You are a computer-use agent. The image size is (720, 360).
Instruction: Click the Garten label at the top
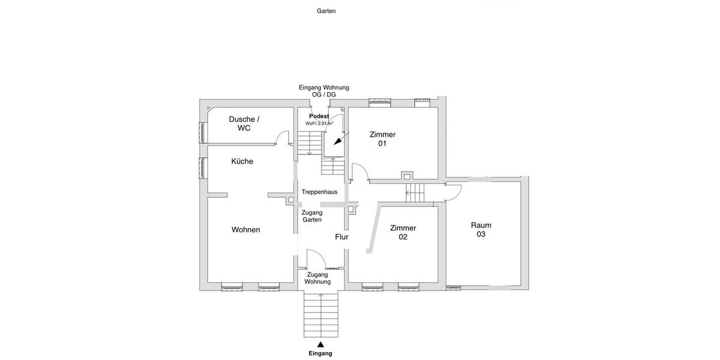[326, 11]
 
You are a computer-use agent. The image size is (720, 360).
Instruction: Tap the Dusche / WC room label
[244, 124]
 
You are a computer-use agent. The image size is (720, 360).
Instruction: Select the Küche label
[242, 161]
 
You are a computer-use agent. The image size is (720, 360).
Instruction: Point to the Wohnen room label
[245, 230]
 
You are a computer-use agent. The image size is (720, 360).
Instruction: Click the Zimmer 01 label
[382, 139]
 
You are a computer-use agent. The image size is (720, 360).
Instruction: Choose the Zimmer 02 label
[403, 232]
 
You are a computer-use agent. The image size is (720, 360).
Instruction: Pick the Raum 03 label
[481, 230]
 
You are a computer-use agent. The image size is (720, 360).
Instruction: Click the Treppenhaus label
[319, 192]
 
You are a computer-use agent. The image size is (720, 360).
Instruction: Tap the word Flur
[341, 237]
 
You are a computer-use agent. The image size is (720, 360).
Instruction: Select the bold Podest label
[319, 116]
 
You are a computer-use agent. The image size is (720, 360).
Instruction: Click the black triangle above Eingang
[320, 344]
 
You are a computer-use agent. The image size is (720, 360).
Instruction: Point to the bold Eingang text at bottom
[320, 353]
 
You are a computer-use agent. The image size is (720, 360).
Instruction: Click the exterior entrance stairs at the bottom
[321, 315]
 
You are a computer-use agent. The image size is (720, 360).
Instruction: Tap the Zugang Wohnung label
[317, 278]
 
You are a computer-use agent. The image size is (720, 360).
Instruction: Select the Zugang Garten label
[312, 216]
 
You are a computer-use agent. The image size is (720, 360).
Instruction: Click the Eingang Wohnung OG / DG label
[324, 91]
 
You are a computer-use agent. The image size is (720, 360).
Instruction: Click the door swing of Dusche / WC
[280, 138]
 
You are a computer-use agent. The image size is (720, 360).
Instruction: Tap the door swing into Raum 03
[454, 192]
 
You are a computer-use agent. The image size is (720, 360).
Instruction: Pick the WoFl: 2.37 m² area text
[319, 124]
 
